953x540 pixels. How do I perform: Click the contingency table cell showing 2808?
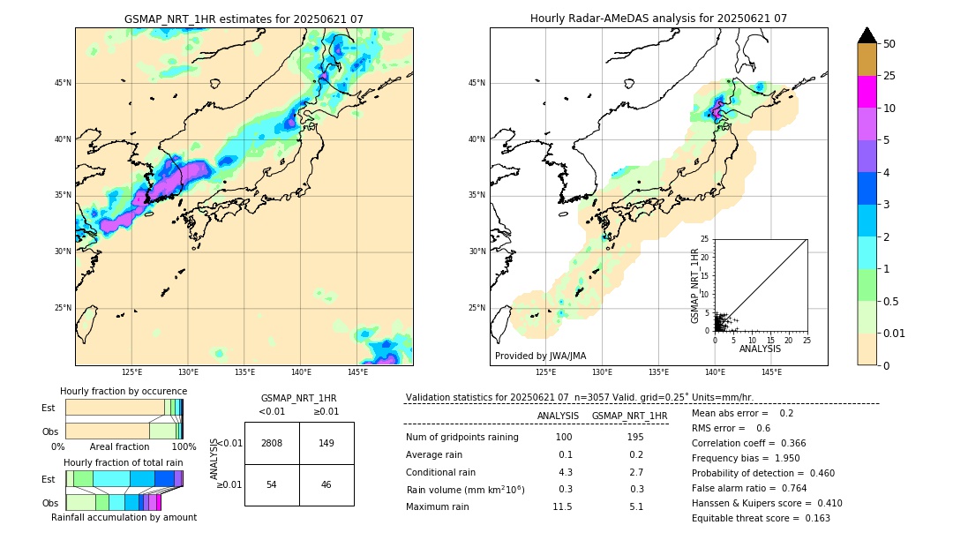[x=272, y=443]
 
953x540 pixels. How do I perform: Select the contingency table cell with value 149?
[x=326, y=443]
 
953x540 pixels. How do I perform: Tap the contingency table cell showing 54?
[x=272, y=485]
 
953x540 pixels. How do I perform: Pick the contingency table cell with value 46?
[x=326, y=485]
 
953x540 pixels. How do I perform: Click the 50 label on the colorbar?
[x=889, y=44]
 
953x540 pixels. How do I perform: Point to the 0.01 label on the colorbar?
[x=895, y=333]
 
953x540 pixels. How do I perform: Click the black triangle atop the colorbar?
[x=867, y=35]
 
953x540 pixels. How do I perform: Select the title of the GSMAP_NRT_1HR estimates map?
[x=244, y=19]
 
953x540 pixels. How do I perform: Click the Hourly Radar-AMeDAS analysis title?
[x=658, y=19]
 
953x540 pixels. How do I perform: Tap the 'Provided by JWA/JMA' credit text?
[x=540, y=356]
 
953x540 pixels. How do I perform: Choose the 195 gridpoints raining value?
[x=634, y=438]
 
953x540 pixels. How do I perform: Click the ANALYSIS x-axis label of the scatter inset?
[x=760, y=349]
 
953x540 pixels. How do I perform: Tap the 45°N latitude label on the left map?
[x=63, y=83]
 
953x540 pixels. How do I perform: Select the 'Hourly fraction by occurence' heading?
[x=124, y=391]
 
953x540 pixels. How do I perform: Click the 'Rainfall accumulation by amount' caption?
[x=124, y=517]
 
